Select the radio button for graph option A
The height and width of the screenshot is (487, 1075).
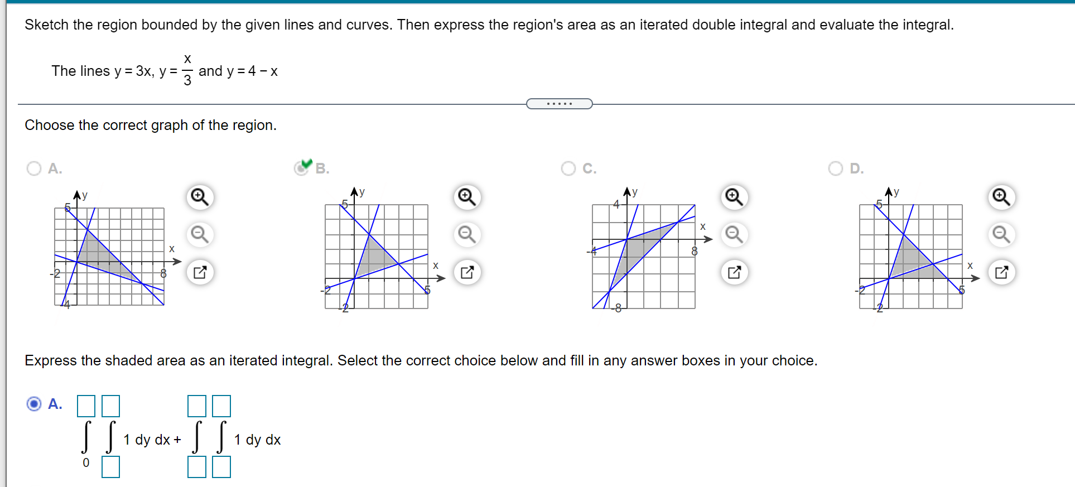[34, 168]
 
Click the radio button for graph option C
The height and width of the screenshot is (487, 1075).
[568, 168]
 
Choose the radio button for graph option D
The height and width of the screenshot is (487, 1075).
[835, 168]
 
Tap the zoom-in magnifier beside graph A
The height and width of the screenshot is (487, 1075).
[200, 197]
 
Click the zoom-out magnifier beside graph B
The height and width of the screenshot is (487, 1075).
[467, 234]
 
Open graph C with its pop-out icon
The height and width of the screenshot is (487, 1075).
[734, 272]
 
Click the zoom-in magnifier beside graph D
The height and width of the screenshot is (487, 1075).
[1001, 197]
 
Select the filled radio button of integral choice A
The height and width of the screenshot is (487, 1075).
[34, 403]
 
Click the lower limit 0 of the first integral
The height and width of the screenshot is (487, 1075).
[86, 462]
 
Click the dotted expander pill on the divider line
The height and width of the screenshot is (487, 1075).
[559, 104]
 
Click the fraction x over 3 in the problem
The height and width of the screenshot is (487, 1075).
[187, 70]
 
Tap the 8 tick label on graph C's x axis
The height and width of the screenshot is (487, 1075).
[695, 252]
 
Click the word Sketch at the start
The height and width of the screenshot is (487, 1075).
[47, 25]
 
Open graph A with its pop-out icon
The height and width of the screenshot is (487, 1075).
[200, 272]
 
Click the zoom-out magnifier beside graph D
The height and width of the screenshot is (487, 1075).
[1001, 234]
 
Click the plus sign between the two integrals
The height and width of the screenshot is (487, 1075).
[177, 440]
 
